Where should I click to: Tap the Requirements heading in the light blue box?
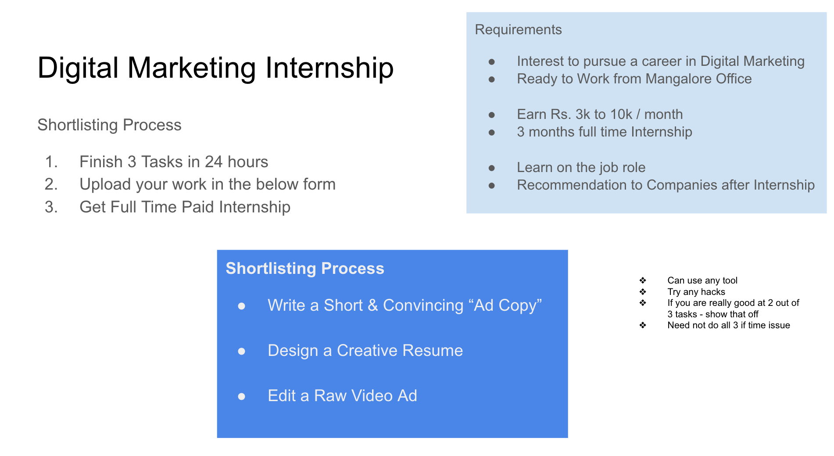(518, 30)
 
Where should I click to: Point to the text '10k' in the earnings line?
(621, 115)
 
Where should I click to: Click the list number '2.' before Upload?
(51, 184)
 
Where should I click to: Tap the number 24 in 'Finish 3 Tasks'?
(214, 162)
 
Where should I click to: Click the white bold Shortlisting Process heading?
(305, 268)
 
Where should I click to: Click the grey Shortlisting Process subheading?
(109, 125)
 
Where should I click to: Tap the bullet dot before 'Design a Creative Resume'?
(241, 351)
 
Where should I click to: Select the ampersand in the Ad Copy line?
(373, 305)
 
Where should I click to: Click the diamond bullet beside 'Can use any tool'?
(643, 280)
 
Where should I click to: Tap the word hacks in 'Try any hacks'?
(713, 292)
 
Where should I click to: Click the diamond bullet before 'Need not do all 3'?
(643, 325)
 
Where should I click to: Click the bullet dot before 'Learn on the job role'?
(492, 168)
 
